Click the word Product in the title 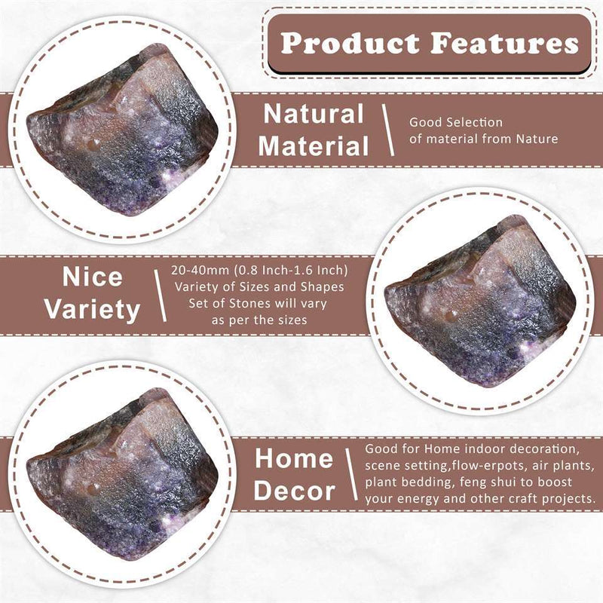pos(349,43)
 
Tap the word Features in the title pos(504,43)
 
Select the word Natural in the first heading pos(314,114)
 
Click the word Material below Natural pos(314,146)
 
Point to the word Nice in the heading pos(92,277)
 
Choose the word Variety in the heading pos(92,310)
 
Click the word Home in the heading pos(294,458)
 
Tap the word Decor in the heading pos(294,491)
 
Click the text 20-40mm pos(200,271)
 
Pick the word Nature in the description pos(537,139)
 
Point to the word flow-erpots pos(488,465)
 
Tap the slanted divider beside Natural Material pos(388,130)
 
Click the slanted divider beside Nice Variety pos(160,295)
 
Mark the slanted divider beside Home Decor pos(351,474)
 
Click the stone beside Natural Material pos(122,130)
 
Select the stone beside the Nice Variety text pos(480,301)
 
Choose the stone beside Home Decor pos(122,474)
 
